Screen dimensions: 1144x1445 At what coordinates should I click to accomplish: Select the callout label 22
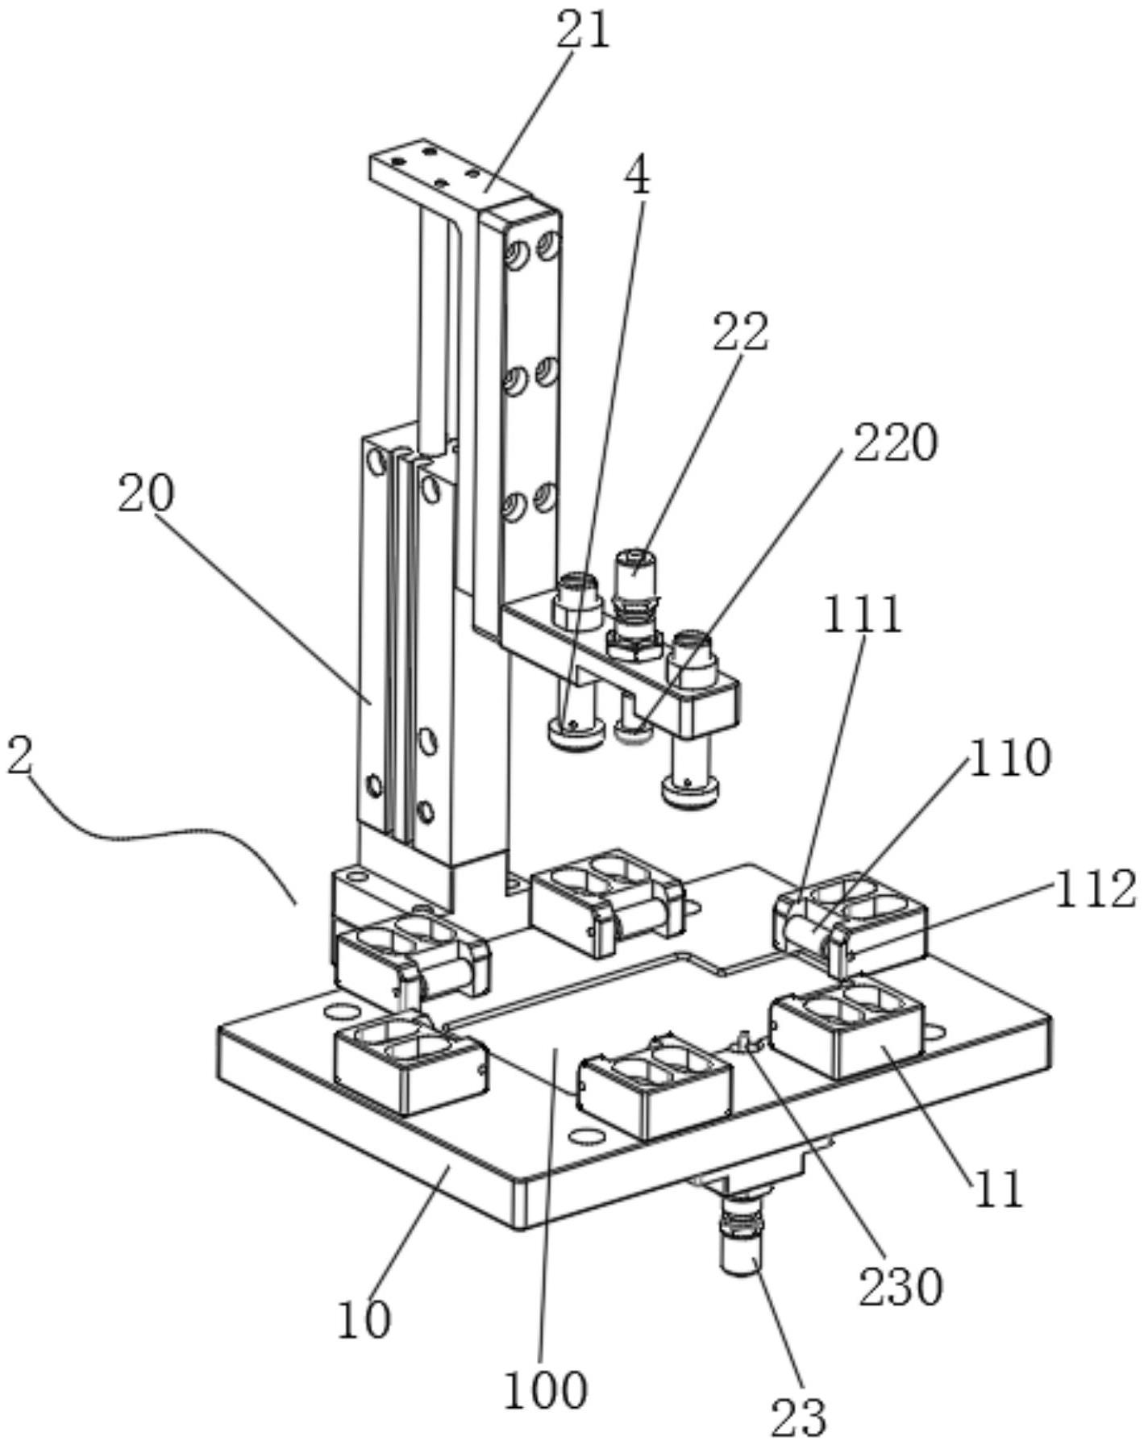pos(740,331)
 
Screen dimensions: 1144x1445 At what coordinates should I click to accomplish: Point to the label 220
pos(895,442)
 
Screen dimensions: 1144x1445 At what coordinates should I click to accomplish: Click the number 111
pos(862,615)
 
